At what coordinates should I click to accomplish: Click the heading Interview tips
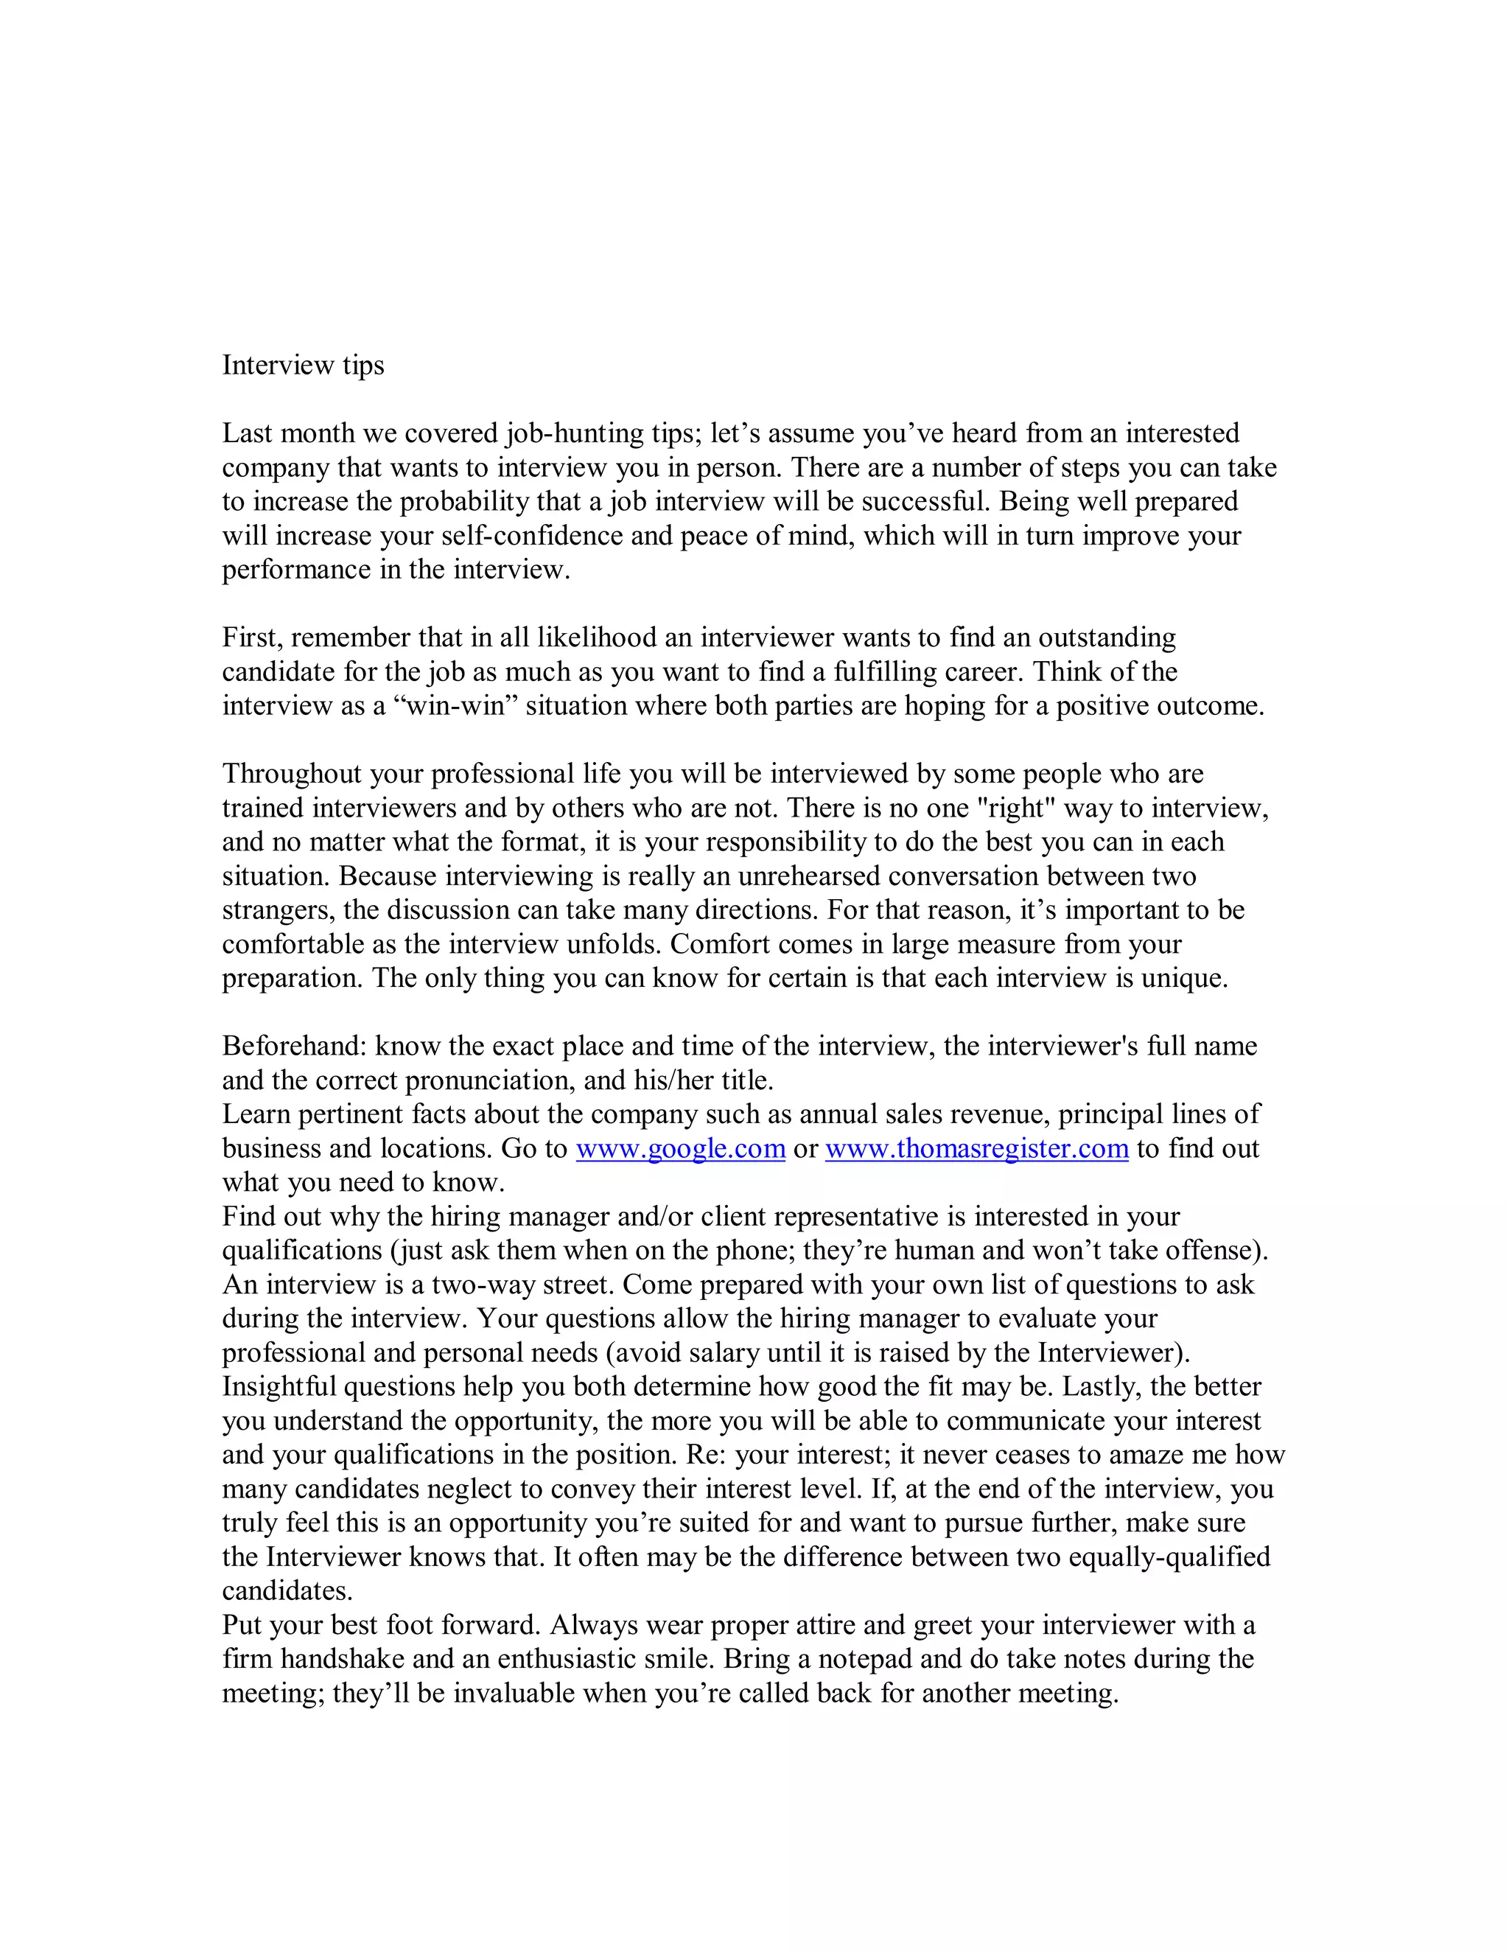[303, 366]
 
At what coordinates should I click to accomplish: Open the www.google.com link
[680, 1149]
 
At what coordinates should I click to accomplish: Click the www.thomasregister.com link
[976, 1149]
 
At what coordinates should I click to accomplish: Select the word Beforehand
[294, 1047]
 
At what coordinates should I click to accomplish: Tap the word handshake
[343, 1660]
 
